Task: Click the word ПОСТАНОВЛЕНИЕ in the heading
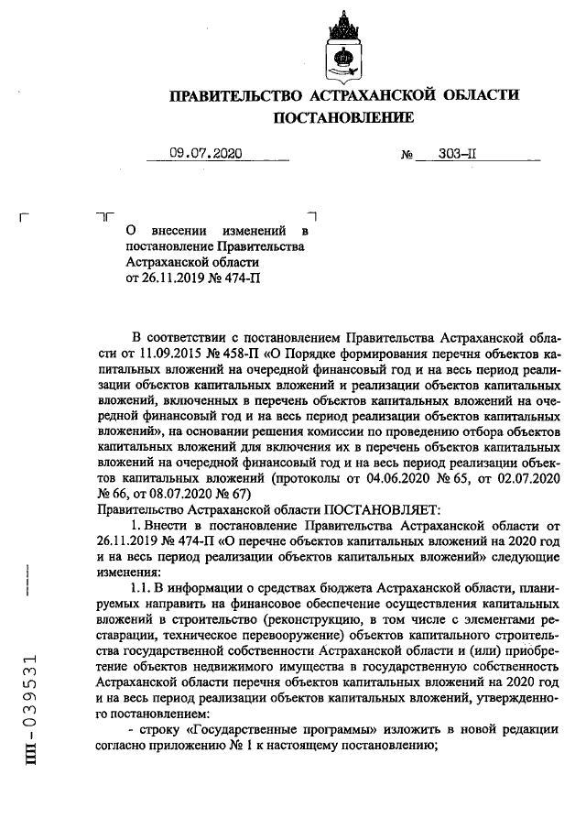343,116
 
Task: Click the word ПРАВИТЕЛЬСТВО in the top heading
235,95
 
